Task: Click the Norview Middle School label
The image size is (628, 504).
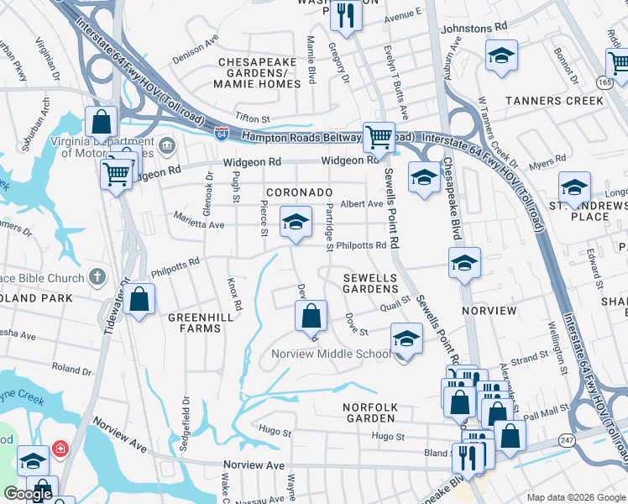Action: pyautogui.click(x=331, y=354)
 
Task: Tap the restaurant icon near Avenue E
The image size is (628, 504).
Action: pyautogui.click(x=345, y=13)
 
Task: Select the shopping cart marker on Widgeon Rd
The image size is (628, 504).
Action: pyautogui.click(x=379, y=136)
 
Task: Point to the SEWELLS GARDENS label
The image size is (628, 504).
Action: pyautogui.click(x=370, y=283)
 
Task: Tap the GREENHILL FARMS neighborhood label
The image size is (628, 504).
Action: pyautogui.click(x=194, y=323)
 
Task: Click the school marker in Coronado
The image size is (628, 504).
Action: pyautogui.click(x=295, y=222)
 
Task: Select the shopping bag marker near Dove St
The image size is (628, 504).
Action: pyautogui.click(x=311, y=317)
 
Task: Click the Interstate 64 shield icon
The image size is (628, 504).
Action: pyautogui.click(x=221, y=134)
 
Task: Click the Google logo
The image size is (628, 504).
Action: pyautogui.click(x=28, y=495)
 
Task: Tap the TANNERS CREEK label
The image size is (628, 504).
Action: pyautogui.click(x=554, y=101)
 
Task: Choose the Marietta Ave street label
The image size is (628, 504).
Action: pyautogui.click(x=199, y=225)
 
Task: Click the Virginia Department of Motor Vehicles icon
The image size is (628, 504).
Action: pyautogui.click(x=166, y=146)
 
